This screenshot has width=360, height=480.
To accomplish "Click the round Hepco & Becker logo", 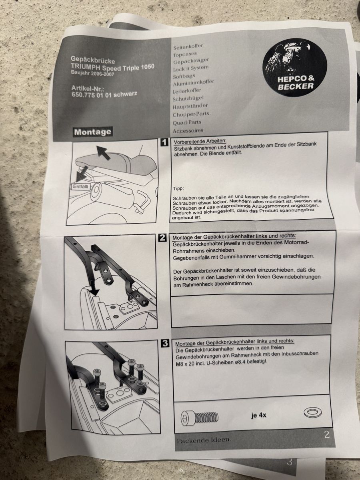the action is tap(295, 67).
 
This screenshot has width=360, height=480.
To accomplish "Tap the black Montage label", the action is tap(93, 132).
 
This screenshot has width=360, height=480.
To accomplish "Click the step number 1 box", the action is tap(164, 142).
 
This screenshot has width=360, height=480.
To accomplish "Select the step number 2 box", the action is tap(162, 238).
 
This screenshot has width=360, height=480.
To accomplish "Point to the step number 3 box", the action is tap(165, 344).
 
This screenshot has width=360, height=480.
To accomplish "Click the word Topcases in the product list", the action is tap(185, 54).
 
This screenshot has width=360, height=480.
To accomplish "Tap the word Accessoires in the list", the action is tap(188, 131).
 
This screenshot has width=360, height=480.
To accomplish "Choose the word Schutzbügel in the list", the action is tap(188, 99).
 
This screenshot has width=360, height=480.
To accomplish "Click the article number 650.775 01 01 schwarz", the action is tap(104, 94).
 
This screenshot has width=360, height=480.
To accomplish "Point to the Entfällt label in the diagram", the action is tap(81, 186).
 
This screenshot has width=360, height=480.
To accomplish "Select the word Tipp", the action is tap(178, 188).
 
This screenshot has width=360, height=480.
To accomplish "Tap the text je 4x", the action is tap(258, 415).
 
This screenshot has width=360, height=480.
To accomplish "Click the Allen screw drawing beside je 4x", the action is tap(200, 418).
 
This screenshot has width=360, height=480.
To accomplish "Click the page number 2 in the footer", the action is tap(327, 434).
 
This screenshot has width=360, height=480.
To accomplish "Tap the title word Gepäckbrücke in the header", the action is tap(93, 60).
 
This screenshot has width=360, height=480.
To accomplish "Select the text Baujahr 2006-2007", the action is tap(92, 73).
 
